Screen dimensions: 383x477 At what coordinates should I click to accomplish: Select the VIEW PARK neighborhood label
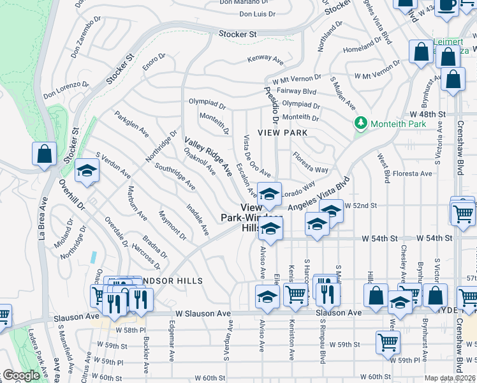pyautogui.click(x=283, y=133)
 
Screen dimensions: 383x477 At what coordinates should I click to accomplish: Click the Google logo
pyautogui.click(x=22, y=375)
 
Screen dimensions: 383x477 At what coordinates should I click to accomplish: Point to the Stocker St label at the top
pyautogui.click(x=237, y=34)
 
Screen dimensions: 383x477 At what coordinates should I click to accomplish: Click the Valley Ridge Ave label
pyautogui.click(x=209, y=156)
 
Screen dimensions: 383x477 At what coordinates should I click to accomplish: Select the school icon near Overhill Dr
pyautogui.click(x=87, y=170)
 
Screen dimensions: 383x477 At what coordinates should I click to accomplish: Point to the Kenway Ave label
pyautogui.click(x=266, y=60)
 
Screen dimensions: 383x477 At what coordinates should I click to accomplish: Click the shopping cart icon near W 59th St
pyautogui.click(x=388, y=342)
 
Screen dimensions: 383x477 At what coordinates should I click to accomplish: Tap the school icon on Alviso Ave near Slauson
pyautogui.click(x=267, y=296)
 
